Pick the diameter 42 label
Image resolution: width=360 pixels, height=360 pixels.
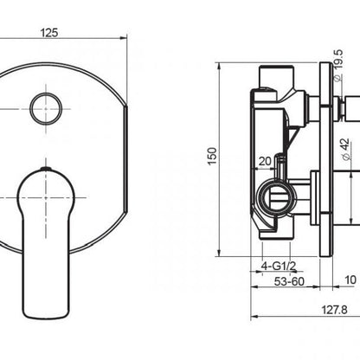click(349, 148)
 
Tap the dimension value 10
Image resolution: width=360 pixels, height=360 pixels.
click(349, 280)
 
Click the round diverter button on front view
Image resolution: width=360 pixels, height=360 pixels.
click(43, 109)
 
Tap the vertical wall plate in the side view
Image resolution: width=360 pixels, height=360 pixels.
click(327, 160)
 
